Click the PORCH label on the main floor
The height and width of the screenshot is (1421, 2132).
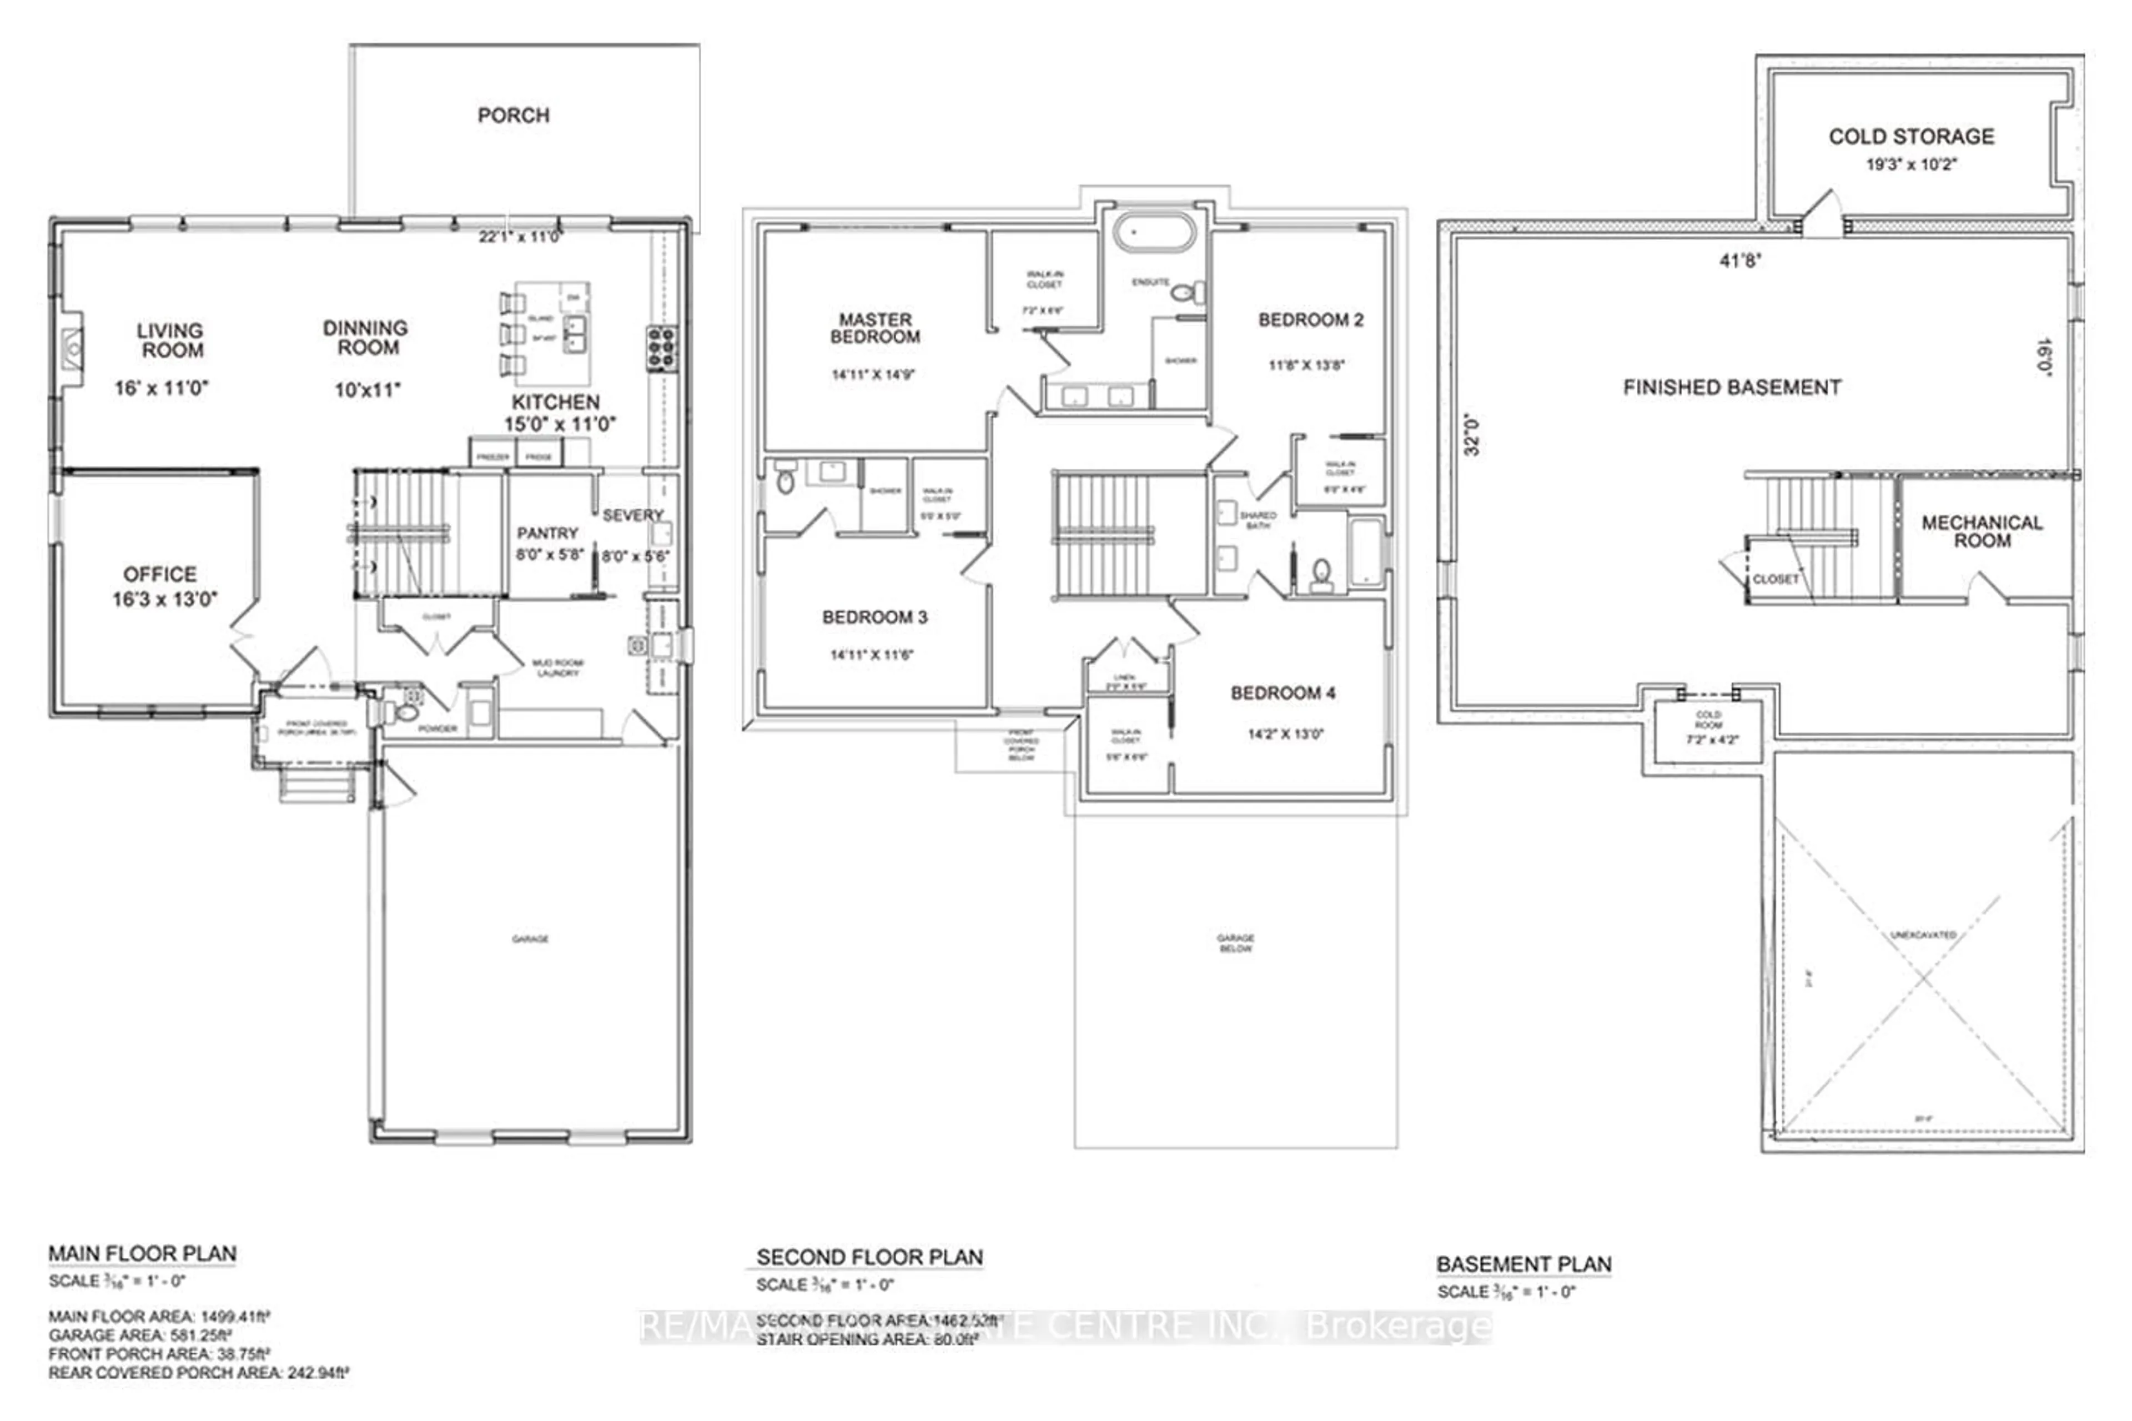tap(513, 115)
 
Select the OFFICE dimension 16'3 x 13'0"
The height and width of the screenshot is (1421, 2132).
tap(165, 599)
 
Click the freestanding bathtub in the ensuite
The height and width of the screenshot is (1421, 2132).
tap(1153, 232)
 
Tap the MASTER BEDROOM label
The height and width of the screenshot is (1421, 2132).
tap(874, 328)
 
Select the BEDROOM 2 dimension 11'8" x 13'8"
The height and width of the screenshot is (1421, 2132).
tap(1306, 365)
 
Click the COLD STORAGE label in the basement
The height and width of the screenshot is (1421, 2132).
tap(1911, 137)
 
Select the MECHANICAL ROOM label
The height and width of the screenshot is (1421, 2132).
tap(1982, 531)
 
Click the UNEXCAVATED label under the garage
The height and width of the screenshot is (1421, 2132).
tap(1923, 935)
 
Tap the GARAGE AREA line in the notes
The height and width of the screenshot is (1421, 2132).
tap(140, 1335)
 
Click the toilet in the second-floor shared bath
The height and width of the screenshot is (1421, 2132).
tap(1321, 573)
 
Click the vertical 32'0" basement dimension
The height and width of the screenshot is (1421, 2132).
tap(1471, 435)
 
